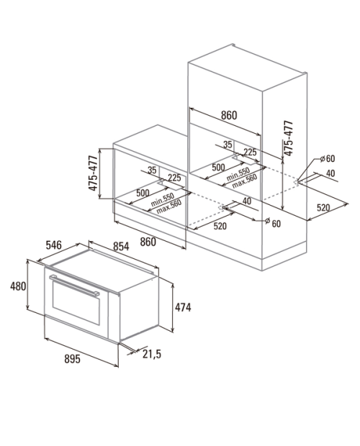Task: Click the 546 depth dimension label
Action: [x=54, y=245]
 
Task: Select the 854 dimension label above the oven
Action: [x=121, y=246]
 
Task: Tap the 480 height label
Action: [x=18, y=286]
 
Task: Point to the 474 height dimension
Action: [x=183, y=307]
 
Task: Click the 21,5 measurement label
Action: [x=152, y=354]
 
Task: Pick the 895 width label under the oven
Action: [x=72, y=359]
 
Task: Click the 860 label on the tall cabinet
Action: [x=229, y=115]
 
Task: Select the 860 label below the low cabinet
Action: [x=148, y=242]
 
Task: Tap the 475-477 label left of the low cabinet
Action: [x=93, y=173]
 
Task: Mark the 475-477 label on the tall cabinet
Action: [x=288, y=138]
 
